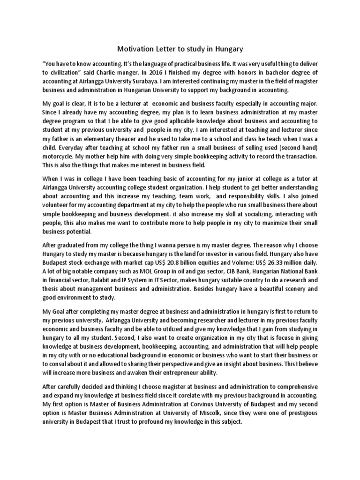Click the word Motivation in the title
(136, 49)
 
